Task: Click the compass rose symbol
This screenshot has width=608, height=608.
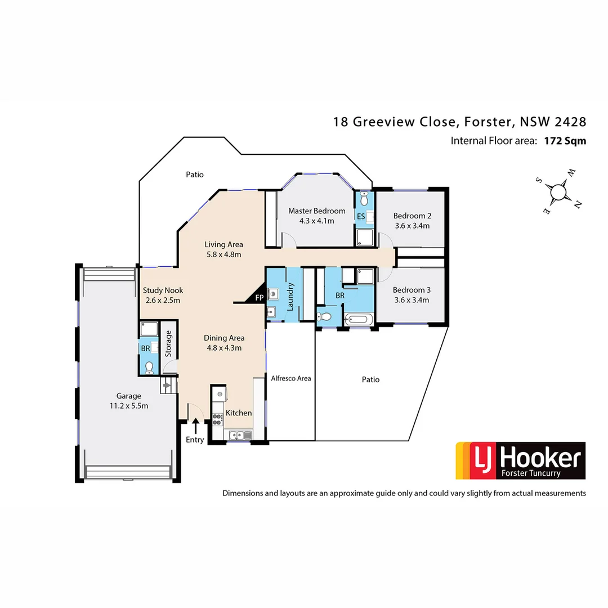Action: (558, 191)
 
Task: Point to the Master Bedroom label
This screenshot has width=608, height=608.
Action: (316, 211)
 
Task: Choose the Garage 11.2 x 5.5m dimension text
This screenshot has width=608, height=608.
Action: (129, 406)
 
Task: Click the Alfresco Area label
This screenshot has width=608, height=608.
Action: (290, 378)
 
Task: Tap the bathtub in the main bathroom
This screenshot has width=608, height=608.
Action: (358, 319)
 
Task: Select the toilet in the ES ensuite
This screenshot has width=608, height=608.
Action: (364, 199)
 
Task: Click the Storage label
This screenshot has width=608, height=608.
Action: (168, 343)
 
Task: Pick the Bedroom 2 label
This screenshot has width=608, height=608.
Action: (412, 216)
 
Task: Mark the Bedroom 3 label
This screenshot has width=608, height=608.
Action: (412, 290)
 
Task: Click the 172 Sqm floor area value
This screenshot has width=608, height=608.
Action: (565, 141)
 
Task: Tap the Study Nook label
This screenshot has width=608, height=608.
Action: (162, 290)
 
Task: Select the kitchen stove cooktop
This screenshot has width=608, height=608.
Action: (217, 419)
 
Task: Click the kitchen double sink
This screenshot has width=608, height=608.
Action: (240, 434)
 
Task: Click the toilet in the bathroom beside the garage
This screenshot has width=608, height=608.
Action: (149, 367)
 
